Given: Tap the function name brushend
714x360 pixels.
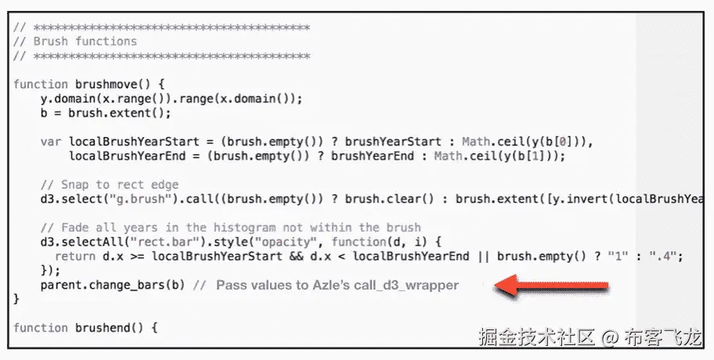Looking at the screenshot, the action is (106, 327).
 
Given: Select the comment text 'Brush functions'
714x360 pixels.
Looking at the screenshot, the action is (85, 41).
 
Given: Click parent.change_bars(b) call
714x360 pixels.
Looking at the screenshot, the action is (113, 284).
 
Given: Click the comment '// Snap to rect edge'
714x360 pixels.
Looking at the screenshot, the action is (110, 185).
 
